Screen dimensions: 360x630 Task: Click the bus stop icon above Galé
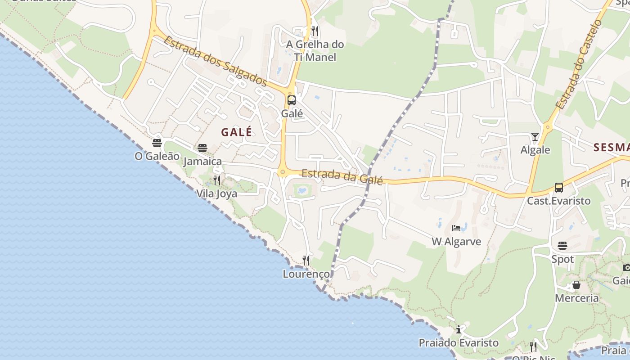pos(292,100)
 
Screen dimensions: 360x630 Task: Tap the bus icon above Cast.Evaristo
pos(558,187)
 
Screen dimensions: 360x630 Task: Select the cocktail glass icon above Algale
pos(535,137)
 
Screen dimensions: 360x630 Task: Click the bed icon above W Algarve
pos(456,228)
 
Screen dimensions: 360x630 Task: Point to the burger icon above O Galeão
pos(157,143)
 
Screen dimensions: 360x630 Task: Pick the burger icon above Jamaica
pos(202,148)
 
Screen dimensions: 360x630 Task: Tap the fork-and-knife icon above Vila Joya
pos(217,180)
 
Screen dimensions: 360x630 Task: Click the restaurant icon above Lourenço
pos(306,260)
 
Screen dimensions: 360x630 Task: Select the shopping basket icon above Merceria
pos(576,285)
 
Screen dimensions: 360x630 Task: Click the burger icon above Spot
pos(562,246)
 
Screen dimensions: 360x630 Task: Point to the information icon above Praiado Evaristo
pos(459,329)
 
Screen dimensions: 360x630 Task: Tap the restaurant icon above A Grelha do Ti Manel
pos(315,31)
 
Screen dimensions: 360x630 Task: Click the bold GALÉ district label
pos(237,132)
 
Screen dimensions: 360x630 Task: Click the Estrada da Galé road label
pos(342,176)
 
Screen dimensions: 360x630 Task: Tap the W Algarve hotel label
pos(456,242)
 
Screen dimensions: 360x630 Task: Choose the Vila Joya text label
pos(216,194)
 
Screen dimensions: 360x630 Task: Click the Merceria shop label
pos(576,298)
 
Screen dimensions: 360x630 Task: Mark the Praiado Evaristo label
pos(459,343)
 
